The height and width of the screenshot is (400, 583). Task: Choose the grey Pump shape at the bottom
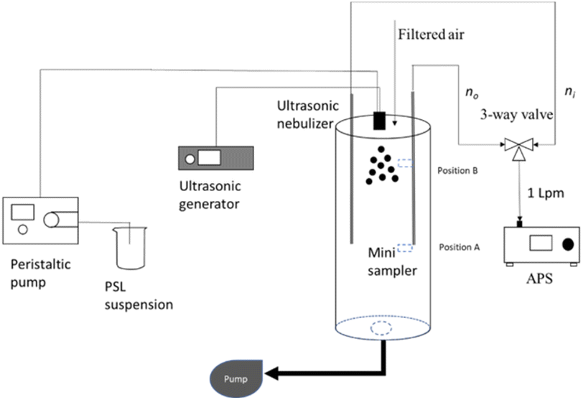(238, 375)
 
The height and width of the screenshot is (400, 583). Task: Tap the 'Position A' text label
(460, 247)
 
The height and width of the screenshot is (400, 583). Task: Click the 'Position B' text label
(460, 172)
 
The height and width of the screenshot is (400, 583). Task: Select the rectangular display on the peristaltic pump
(23, 211)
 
